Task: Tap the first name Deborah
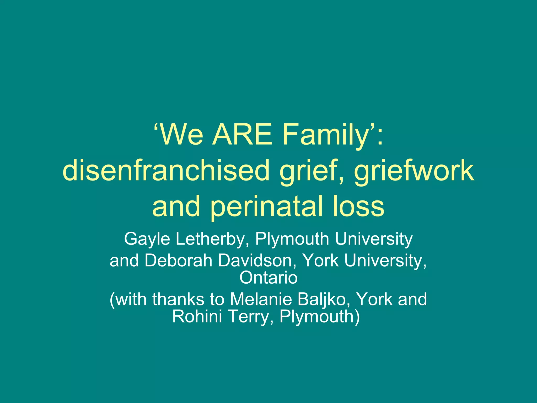[178, 261]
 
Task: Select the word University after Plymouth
[374, 239]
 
